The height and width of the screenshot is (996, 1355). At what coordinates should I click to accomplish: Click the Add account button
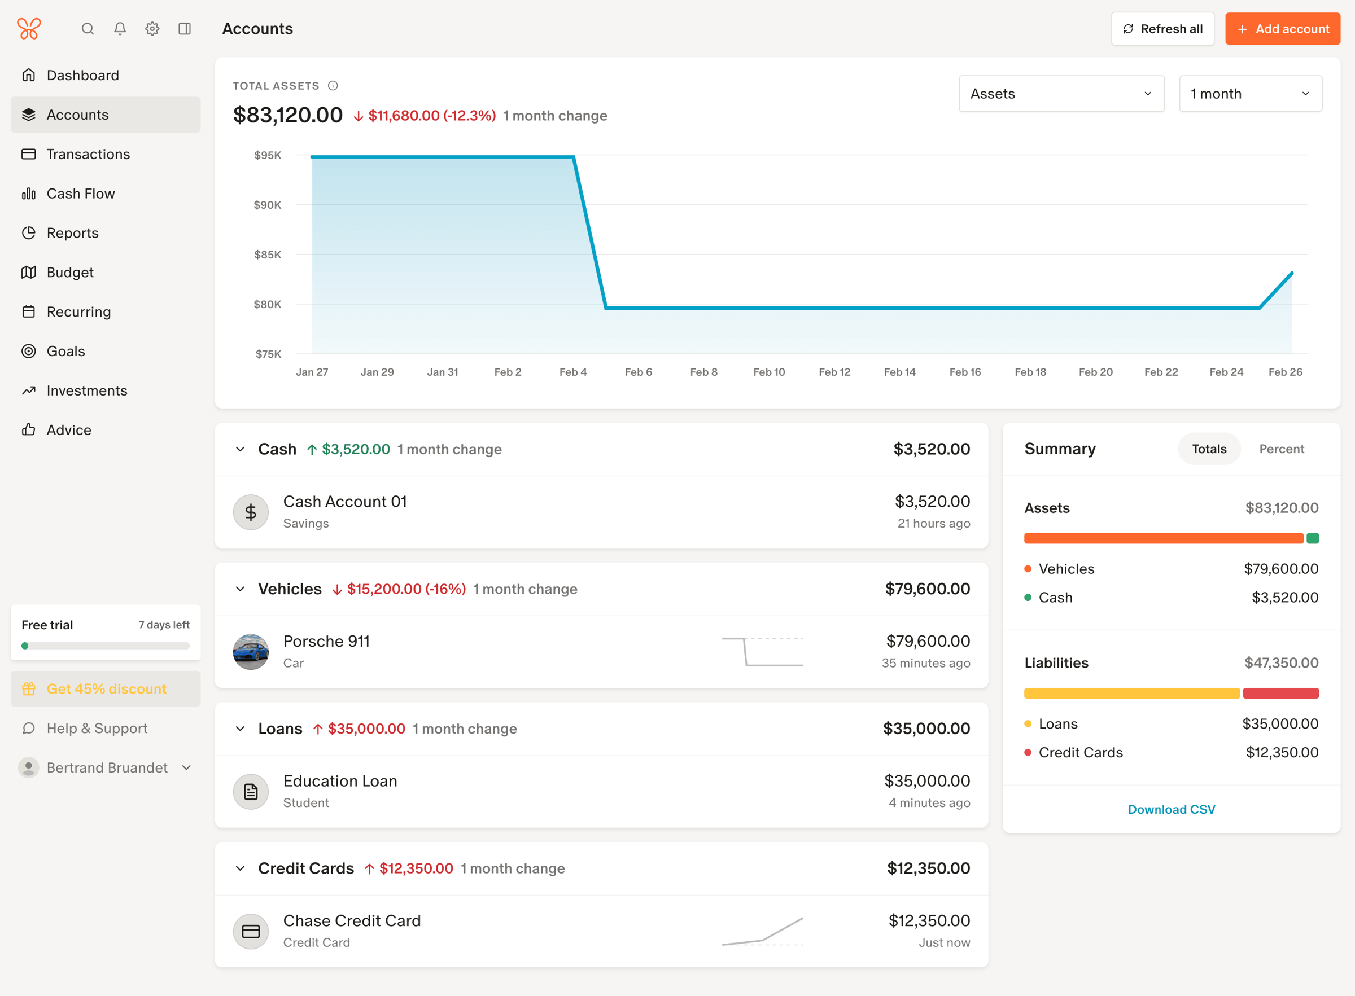(x=1282, y=29)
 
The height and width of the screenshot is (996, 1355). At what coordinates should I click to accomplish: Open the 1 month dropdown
(x=1250, y=94)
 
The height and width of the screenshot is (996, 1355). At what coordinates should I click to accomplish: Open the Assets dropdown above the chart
(x=1061, y=94)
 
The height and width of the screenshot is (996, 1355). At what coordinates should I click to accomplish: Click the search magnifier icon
(x=88, y=29)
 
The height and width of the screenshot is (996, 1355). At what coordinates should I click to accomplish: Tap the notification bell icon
(x=120, y=29)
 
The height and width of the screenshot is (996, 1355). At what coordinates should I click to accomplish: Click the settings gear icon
(x=152, y=29)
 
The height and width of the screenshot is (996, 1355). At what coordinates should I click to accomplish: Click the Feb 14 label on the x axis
(x=900, y=372)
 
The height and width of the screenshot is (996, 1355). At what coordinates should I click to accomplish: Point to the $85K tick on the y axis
(x=268, y=255)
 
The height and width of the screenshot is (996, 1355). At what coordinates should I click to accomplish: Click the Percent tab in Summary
(x=1282, y=449)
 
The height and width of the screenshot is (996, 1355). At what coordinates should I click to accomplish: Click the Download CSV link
(x=1172, y=809)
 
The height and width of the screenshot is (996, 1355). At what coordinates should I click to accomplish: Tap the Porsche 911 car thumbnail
(x=251, y=652)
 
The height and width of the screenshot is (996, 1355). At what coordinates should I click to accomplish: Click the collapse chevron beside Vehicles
(x=240, y=589)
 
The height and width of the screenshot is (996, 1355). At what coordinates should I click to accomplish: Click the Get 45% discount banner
(x=106, y=688)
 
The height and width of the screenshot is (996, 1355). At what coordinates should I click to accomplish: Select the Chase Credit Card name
(x=352, y=920)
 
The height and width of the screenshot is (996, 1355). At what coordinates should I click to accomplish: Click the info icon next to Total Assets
(x=333, y=86)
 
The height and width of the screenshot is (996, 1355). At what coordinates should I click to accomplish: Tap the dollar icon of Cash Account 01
(x=251, y=512)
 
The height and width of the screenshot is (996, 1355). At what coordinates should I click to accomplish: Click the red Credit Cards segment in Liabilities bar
(x=1281, y=694)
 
